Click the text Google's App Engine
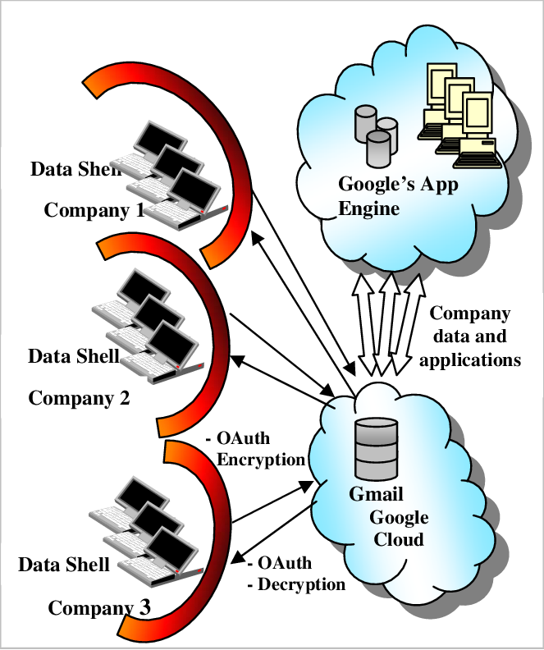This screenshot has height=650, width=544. [x=398, y=196]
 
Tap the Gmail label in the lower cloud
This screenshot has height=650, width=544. [x=375, y=496]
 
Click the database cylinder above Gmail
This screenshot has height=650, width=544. [x=376, y=449]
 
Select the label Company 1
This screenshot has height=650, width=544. [x=94, y=210]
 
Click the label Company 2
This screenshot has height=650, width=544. [x=79, y=399]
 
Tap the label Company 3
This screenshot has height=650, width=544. [x=99, y=608]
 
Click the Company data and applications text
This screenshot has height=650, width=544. [x=475, y=336]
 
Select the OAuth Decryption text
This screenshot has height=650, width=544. [x=295, y=574]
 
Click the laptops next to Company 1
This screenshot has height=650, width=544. [x=172, y=173]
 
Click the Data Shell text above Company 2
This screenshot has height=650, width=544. [x=74, y=356]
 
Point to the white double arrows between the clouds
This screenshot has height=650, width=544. [x=386, y=323]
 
